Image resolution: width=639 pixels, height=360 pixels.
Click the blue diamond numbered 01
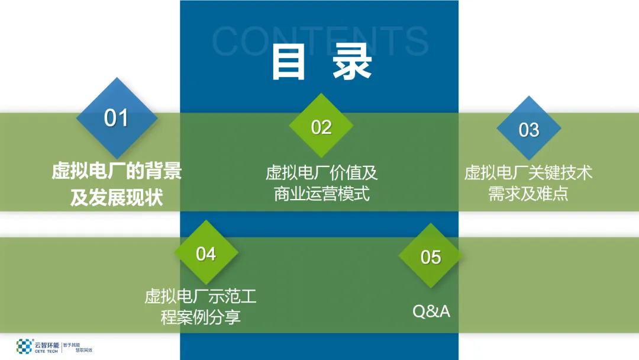(x=117, y=118)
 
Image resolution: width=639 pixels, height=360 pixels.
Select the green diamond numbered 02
(x=321, y=126)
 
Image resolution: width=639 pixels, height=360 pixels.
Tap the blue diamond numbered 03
(x=528, y=129)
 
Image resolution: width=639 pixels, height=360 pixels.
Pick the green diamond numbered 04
(x=206, y=253)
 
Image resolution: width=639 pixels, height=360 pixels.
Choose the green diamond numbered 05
(x=431, y=256)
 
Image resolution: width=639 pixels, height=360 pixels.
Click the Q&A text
(x=431, y=311)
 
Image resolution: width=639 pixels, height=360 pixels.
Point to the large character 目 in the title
(x=288, y=62)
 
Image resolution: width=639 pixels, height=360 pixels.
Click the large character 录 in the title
(x=352, y=62)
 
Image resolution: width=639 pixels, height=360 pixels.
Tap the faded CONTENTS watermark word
(x=319, y=40)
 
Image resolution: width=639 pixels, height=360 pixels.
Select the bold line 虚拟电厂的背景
(x=117, y=172)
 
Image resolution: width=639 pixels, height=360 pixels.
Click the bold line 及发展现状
(x=117, y=197)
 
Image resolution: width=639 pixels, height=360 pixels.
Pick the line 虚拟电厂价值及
(x=321, y=173)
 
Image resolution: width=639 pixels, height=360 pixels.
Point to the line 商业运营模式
(x=321, y=194)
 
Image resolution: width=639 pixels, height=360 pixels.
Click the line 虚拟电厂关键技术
(x=528, y=173)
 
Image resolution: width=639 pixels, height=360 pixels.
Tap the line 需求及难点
(x=528, y=194)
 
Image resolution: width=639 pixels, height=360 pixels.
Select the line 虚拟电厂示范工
(x=201, y=296)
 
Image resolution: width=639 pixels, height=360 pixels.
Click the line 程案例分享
(x=201, y=317)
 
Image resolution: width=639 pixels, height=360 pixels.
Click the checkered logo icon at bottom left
(x=24, y=346)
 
